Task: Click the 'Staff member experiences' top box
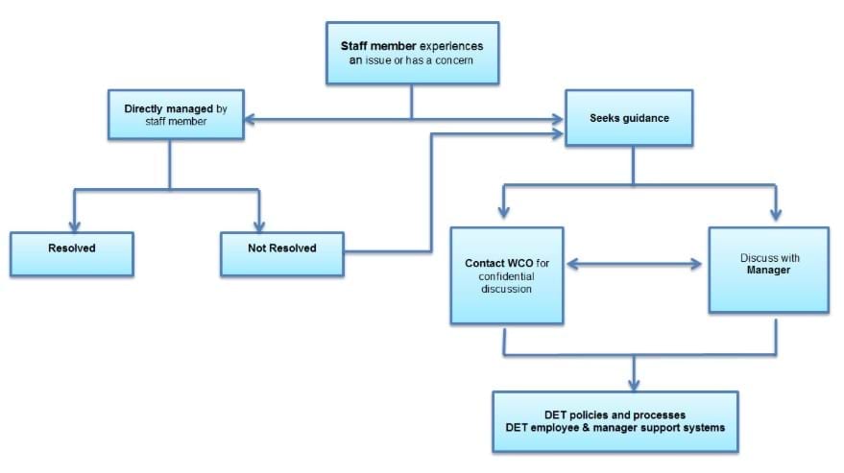pyautogui.click(x=412, y=53)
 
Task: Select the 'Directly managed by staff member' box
pyautogui.click(x=176, y=114)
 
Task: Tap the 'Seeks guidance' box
pyautogui.click(x=629, y=118)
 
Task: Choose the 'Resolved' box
pyautogui.click(x=72, y=254)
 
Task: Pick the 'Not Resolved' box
pyautogui.click(x=282, y=254)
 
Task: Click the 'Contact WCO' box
pyautogui.click(x=507, y=275)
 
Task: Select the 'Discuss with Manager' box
pyautogui.click(x=769, y=270)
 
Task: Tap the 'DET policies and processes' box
pyautogui.click(x=615, y=421)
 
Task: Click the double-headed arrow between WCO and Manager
pyautogui.click(x=634, y=264)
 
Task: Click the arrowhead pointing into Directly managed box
pyautogui.click(x=251, y=120)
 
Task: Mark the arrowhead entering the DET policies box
pyautogui.click(x=634, y=384)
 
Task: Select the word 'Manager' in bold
pyautogui.click(x=768, y=271)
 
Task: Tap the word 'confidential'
pyautogui.click(x=507, y=276)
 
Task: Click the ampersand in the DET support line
pyautogui.click(x=586, y=428)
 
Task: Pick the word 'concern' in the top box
pyautogui.click(x=454, y=60)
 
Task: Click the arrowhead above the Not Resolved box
pyautogui.click(x=259, y=225)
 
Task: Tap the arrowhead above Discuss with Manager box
pyautogui.click(x=776, y=214)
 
